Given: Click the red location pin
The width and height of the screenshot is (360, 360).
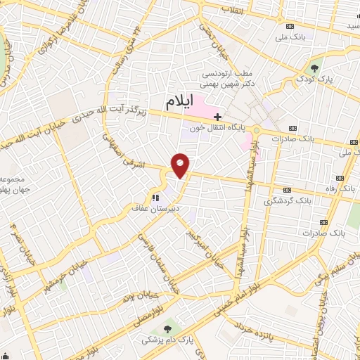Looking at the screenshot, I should point(181,164).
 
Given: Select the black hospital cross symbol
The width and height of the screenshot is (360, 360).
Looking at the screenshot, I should point(218,116).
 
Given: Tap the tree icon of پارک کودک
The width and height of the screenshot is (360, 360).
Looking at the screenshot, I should point(314,68).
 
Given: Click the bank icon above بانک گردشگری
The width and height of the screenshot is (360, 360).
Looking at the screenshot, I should point(287,190).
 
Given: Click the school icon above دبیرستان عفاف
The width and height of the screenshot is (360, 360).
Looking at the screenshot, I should point(155,198).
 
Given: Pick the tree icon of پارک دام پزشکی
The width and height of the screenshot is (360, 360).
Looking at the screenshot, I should point(167,328).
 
